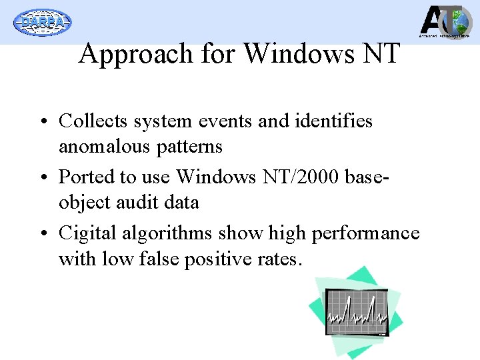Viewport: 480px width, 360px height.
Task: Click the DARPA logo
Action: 43,22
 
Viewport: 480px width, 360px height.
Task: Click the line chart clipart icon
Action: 355,311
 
